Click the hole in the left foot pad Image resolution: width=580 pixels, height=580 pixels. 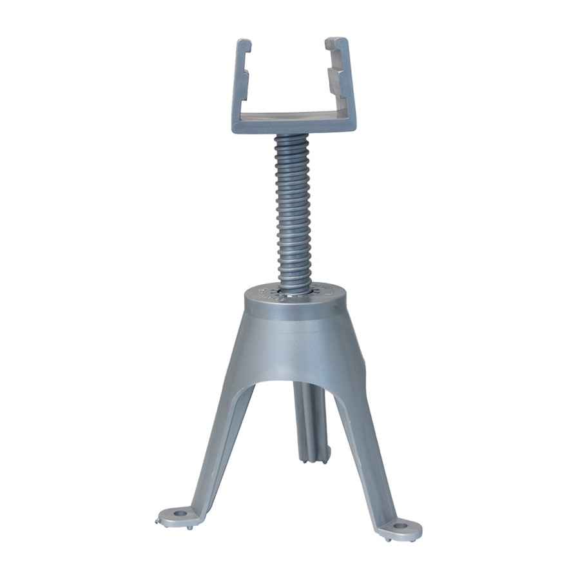pyautogui.click(x=179, y=514)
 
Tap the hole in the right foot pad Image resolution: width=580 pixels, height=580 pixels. pyautogui.click(x=401, y=526)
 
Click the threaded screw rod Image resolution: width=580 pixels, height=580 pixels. pyautogui.click(x=294, y=213)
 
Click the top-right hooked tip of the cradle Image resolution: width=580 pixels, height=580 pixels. pyautogui.click(x=338, y=43)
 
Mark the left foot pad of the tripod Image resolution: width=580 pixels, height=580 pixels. pyautogui.click(x=177, y=516)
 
